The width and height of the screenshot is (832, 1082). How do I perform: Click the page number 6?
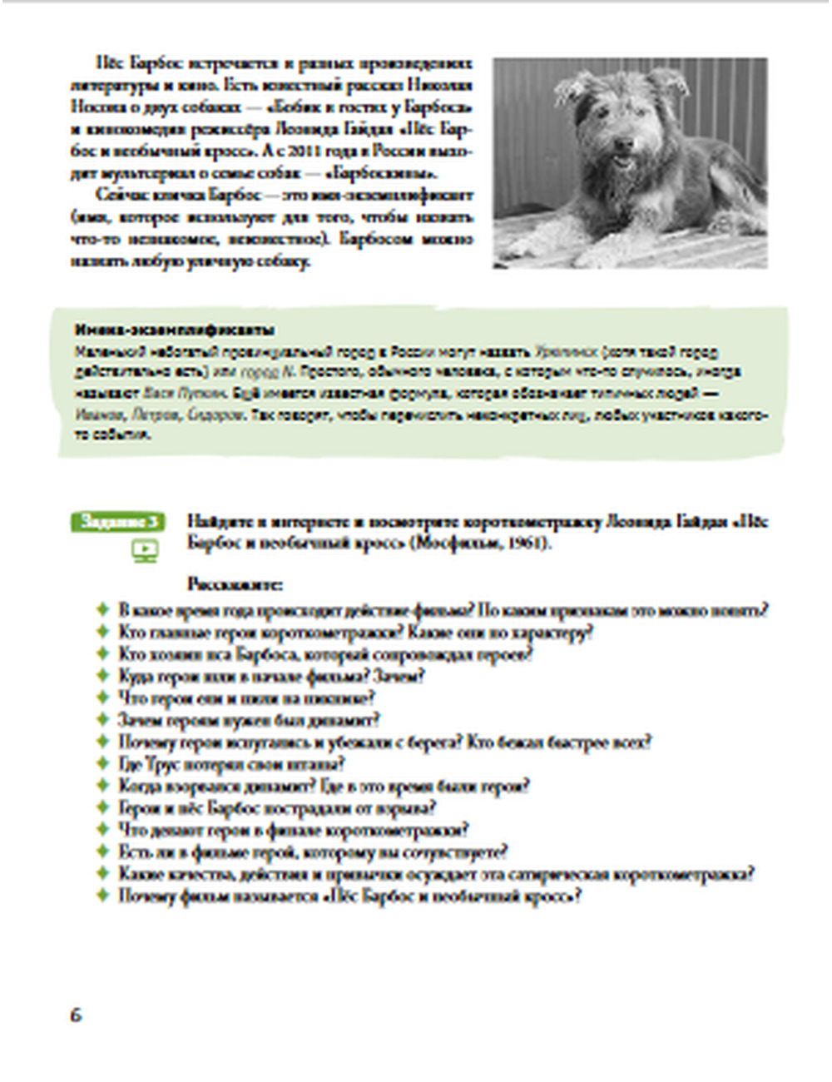pyautogui.click(x=76, y=1015)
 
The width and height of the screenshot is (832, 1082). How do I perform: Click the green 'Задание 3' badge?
pyautogui.click(x=120, y=522)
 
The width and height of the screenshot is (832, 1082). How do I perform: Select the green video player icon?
pyautogui.click(x=145, y=550)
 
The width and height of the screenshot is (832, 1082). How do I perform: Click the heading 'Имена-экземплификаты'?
pyautogui.click(x=175, y=330)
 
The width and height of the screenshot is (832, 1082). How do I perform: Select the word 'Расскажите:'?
pyautogui.click(x=235, y=584)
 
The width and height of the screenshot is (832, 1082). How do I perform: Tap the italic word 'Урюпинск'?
pyautogui.click(x=566, y=352)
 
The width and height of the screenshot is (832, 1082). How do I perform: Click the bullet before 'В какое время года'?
pyautogui.click(x=104, y=610)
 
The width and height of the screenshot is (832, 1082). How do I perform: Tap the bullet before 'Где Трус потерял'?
pyautogui.click(x=104, y=764)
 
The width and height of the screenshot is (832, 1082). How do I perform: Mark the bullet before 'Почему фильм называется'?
pyautogui.click(x=104, y=896)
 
